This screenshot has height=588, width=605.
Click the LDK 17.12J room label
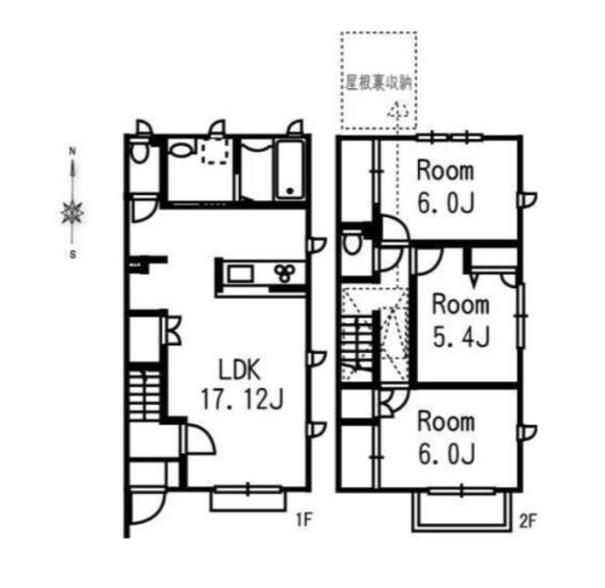click(243, 383)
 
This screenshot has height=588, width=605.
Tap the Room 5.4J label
click(461, 320)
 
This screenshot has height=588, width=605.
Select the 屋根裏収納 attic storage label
click(378, 82)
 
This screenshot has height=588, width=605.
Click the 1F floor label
click(303, 519)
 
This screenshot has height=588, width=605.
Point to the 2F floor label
click(528, 521)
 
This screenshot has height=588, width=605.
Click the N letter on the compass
click(71, 151)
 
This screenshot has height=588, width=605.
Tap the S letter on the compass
click(72, 255)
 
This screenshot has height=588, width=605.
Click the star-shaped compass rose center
click(72, 213)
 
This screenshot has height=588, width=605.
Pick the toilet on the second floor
click(351, 243)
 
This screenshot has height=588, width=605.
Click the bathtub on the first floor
click(291, 171)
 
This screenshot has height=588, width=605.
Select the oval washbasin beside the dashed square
click(180, 150)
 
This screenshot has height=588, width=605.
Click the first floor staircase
click(144, 395)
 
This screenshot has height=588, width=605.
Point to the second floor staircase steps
click(357, 348)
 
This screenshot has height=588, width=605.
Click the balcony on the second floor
click(461, 511)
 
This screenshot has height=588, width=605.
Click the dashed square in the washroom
click(215, 151)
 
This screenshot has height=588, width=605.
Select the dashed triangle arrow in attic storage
click(397, 110)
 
